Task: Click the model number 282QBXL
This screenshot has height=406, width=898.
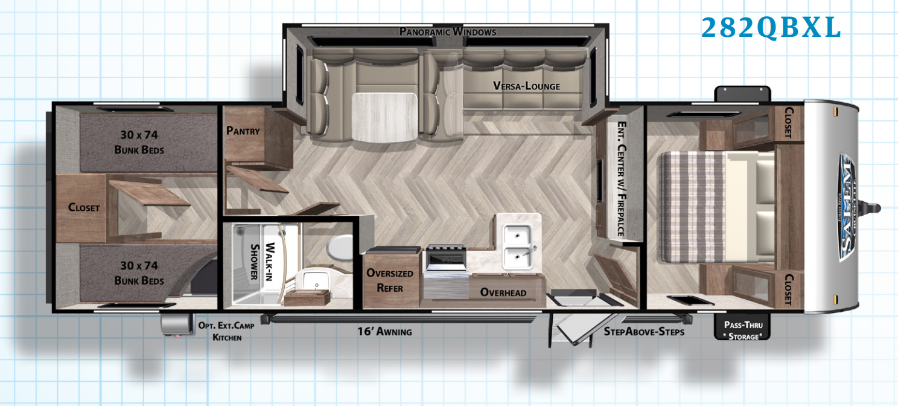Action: coord(771,28)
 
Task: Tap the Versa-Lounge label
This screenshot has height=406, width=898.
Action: coord(526,86)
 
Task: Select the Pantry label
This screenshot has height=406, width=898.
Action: coord(243,130)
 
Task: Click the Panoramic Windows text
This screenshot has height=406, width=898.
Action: coord(448,31)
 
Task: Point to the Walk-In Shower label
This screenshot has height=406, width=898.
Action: coord(262,262)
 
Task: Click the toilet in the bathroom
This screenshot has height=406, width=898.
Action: coord(339,247)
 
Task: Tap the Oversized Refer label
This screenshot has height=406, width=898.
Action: coord(390,280)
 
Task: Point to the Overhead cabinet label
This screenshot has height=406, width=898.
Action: coord(503,292)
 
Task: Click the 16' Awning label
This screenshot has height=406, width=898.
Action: coord(384,331)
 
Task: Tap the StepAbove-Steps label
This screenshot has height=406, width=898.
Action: coord(644,332)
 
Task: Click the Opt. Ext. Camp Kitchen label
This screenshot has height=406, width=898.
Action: coord(226,331)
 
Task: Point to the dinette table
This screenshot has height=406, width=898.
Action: coord(384,117)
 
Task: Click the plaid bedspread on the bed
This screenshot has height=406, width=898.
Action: coord(693,207)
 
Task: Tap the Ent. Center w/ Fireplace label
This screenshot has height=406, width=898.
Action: coord(621,178)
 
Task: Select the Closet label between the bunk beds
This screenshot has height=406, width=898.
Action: coord(84,207)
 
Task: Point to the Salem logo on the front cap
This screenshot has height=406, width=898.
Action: coord(847,207)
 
